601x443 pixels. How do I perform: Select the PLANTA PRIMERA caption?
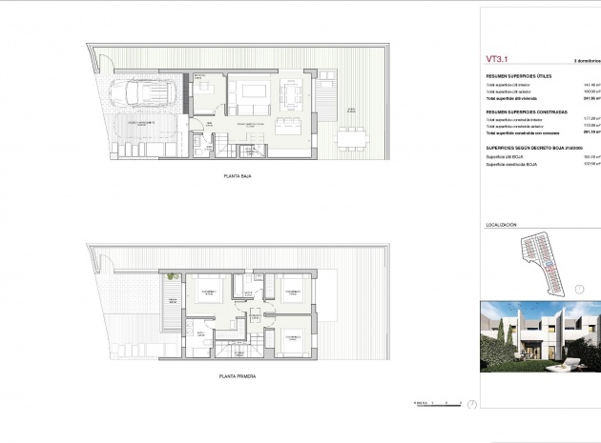click(x=230, y=376)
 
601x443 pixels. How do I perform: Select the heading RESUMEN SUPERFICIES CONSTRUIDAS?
click(x=528, y=111)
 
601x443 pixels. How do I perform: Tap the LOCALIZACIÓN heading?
click(x=501, y=225)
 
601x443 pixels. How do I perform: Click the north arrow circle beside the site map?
click(x=577, y=286)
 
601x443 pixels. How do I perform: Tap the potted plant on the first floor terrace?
click(x=172, y=276)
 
